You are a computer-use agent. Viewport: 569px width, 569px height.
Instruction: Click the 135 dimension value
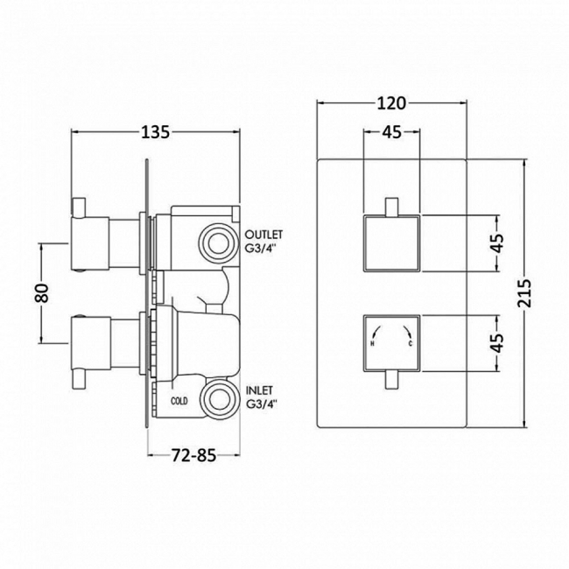click(154, 133)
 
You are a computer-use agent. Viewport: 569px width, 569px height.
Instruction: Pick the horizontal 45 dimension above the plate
click(391, 132)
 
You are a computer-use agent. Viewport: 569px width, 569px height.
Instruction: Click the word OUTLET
click(265, 235)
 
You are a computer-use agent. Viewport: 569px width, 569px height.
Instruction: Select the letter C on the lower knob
click(411, 344)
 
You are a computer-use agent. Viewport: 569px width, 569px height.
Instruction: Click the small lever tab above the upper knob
click(391, 207)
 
